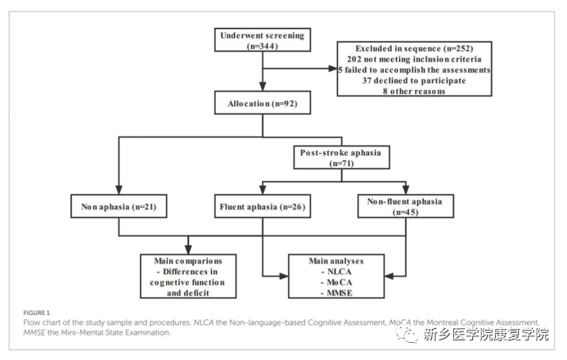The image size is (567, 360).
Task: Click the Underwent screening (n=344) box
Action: pos(262,40)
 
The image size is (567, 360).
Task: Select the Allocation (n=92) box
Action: pos(262,104)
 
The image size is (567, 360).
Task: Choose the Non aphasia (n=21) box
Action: pos(119,207)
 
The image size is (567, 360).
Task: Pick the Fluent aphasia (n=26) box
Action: pos(262,207)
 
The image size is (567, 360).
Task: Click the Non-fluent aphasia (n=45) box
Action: pos(406,207)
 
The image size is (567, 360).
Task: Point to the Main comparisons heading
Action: pos(190,261)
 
